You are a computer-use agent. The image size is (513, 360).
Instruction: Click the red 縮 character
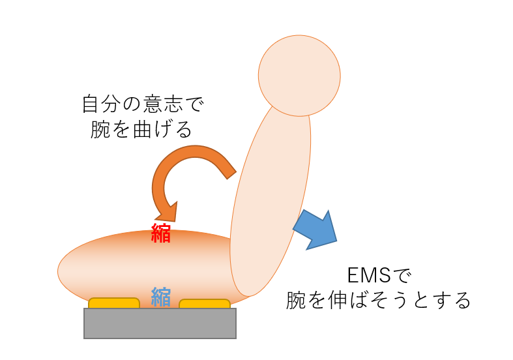pos(161,233)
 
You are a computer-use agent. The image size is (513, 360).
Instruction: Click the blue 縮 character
pos(161,297)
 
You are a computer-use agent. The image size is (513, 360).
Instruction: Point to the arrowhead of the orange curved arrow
pos(167,212)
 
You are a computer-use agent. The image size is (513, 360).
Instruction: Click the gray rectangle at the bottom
pos(160,323)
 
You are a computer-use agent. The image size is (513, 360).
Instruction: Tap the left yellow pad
pos(114,303)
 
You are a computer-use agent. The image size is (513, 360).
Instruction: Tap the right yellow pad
pos(205,303)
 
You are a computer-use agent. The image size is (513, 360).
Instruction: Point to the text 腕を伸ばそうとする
pos(379,300)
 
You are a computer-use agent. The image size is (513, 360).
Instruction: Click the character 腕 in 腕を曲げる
pos(102,129)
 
